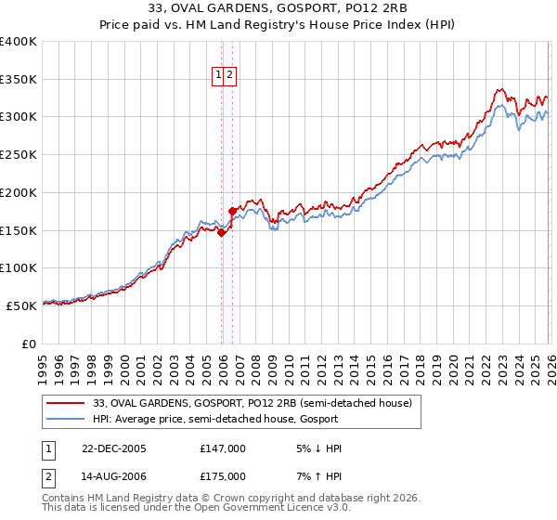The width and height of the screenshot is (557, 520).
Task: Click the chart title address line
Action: click(278, 8)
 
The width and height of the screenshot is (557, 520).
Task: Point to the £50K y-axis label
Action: click(21, 305)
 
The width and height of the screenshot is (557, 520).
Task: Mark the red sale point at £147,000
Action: click(222, 233)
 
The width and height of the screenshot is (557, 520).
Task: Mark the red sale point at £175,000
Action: click(232, 212)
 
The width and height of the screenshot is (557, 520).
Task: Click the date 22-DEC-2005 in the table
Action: click(114, 448)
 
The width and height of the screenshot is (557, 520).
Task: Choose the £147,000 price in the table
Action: click(223, 448)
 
